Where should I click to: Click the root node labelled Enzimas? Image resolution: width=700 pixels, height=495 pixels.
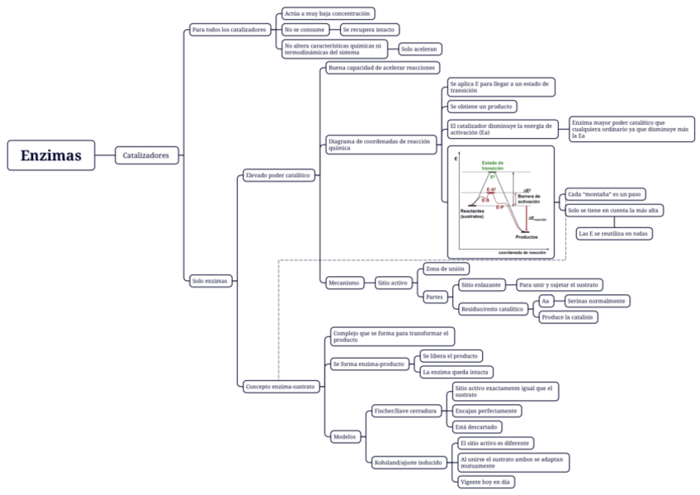click(x=51, y=155)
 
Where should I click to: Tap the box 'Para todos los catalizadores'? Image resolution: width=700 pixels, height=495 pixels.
click(x=229, y=29)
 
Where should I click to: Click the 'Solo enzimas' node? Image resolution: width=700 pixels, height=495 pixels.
click(x=209, y=281)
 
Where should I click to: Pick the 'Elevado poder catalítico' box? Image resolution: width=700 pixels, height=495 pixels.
click(x=277, y=175)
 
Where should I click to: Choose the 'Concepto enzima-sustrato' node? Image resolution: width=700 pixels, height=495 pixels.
click(x=280, y=386)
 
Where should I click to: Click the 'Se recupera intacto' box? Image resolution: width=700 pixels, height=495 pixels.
click(x=369, y=29)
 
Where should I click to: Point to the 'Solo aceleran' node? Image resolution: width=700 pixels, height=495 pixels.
click(x=420, y=49)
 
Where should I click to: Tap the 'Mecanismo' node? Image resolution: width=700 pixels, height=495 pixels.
click(x=343, y=283)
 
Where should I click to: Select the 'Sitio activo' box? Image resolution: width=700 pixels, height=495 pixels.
click(x=393, y=283)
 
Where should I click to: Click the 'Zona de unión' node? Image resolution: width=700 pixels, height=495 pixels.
click(x=446, y=269)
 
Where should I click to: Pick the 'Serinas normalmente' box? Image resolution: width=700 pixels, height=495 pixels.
click(x=597, y=301)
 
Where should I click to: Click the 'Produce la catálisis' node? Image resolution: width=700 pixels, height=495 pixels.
click(x=569, y=317)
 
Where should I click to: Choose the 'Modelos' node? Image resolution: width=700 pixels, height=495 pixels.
click(x=343, y=436)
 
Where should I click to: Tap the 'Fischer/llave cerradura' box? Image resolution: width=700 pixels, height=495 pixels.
click(x=405, y=410)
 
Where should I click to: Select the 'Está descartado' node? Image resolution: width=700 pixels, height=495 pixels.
click(x=477, y=426)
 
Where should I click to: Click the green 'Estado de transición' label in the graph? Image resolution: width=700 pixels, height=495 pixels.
click(x=493, y=165)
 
